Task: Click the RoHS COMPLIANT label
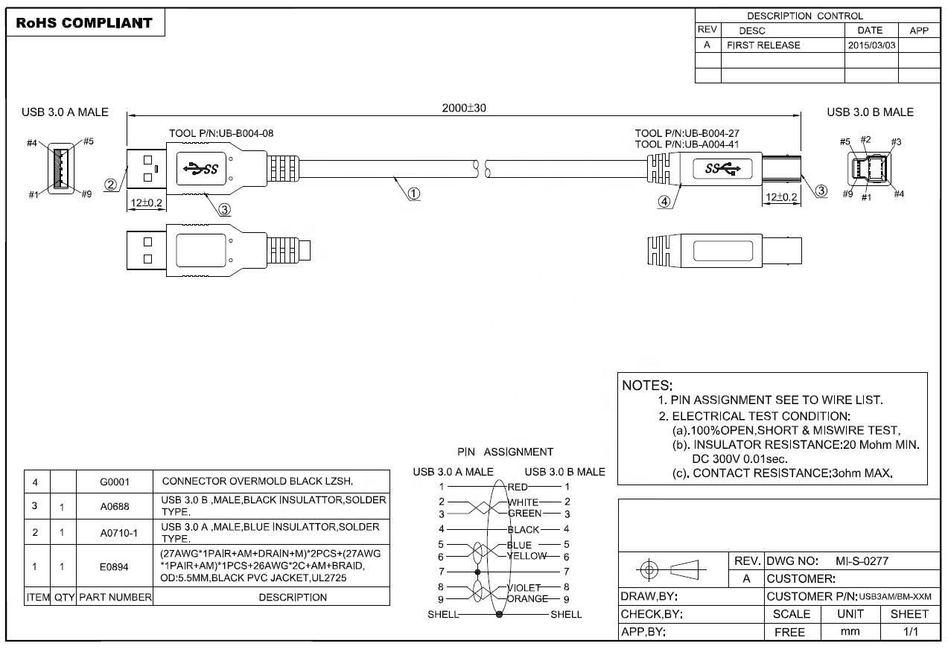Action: tap(84, 23)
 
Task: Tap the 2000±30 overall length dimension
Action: tap(464, 108)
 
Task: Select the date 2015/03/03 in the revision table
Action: tap(871, 45)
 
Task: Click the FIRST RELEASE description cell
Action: tap(763, 45)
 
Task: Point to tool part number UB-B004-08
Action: tap(221, 133)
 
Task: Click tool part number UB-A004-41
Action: tap(687, 144)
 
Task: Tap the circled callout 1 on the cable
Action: tap(413, 194)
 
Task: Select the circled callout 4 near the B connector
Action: tap(664, 202)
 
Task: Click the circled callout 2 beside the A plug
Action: tap(110, 185)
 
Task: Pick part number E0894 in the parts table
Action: tap(114, 567)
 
